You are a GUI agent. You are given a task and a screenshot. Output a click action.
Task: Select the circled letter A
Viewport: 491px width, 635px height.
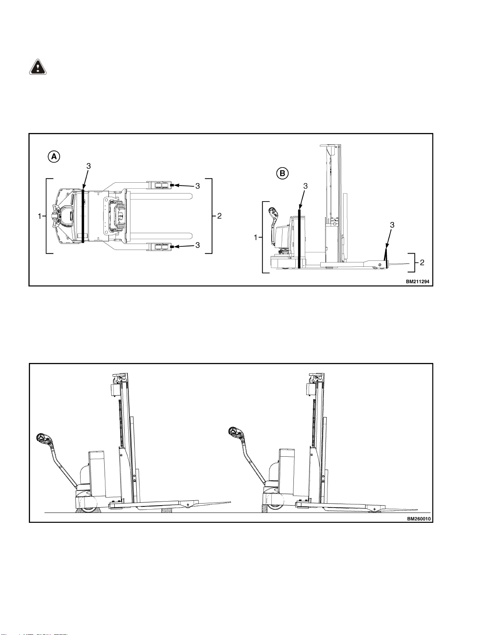tap(54, 156)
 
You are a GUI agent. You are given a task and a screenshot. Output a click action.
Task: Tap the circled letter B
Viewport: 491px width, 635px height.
tap(283, 173)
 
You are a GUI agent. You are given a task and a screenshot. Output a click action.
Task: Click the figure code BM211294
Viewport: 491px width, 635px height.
tap(417, 282)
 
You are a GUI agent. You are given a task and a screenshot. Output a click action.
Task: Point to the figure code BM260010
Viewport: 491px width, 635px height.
tap(419, 518)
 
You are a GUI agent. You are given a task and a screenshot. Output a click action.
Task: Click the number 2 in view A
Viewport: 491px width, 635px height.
tap(219, 216)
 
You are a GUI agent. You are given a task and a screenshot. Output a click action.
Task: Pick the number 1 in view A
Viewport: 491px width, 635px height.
tap(40, 216)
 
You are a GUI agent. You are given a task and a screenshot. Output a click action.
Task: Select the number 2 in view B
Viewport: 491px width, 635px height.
tap(422, 263)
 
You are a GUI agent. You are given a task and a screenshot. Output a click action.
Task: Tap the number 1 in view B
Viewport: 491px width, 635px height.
tap(256, 238)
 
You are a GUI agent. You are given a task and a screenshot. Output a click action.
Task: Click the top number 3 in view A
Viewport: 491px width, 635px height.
tap(89, 166)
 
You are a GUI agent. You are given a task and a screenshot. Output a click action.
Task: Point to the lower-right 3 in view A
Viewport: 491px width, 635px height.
tap(198, 245)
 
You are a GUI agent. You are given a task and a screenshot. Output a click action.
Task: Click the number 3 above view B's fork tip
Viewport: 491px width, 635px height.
tap(392, 225)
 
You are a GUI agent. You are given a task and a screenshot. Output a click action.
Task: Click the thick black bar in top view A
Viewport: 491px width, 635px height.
tap(83, 216)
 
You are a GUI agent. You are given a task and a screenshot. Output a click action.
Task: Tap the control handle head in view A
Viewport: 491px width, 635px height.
tap(57, 216)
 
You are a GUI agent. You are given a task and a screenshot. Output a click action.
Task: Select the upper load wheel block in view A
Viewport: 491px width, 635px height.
tap(161, 185)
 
